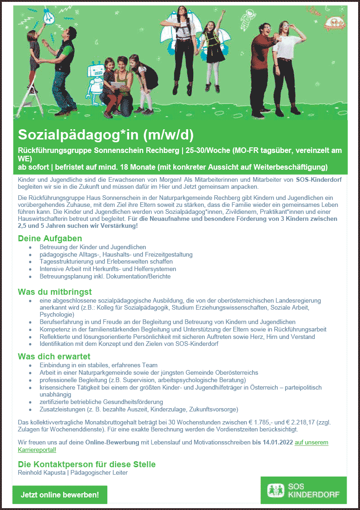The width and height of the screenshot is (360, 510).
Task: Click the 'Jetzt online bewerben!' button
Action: pos(60,495)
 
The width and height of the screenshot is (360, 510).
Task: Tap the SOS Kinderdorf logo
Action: pos(303,490)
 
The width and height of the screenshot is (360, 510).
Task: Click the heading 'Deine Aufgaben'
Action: pos(50,238)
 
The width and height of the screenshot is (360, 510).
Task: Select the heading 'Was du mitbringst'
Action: pos(55,292)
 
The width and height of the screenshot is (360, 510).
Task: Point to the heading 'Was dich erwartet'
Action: pos(54,357)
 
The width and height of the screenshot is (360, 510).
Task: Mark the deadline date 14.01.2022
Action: pos(272,443)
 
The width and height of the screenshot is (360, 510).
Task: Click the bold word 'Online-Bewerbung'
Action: pos(112,443)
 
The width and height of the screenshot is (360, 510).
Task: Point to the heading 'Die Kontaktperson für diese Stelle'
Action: pos(86,464)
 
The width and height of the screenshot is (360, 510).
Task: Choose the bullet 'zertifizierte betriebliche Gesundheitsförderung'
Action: pos(101,402)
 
